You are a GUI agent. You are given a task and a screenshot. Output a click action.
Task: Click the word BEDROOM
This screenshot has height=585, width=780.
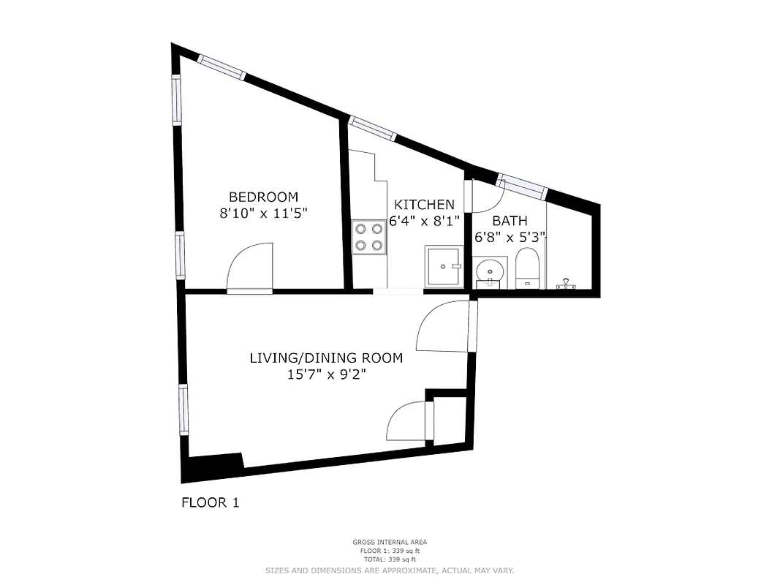coord(263,197)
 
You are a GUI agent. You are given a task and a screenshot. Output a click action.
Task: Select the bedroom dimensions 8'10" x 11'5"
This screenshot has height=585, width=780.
coord(263,214)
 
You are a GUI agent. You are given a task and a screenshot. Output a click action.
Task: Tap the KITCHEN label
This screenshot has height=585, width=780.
coord(424,205)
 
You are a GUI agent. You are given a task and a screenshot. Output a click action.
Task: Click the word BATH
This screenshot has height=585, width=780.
coord(510,221)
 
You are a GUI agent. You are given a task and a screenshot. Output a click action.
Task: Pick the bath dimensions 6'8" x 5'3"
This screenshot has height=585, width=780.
coord(510,237)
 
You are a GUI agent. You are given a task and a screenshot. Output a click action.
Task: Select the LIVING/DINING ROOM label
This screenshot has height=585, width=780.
coord(326,358)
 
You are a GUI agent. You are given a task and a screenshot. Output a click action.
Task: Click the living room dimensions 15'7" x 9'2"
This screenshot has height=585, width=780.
coord(326,375)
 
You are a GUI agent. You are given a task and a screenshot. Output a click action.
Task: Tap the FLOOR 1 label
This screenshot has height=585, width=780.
coord(210,502)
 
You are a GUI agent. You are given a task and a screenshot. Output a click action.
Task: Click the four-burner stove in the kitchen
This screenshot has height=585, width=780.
coord(368,237)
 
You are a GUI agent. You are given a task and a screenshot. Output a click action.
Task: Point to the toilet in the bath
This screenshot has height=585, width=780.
coord(527,268)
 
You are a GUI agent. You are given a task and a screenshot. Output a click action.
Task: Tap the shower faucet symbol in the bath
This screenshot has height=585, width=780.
coord(565,284)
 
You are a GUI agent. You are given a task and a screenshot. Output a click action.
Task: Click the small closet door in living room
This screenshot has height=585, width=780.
coord(409,421)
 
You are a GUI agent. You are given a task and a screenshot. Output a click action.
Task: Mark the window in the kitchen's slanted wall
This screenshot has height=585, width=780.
coord(372,128)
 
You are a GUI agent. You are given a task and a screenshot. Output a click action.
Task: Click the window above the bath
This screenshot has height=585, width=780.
coord(521,186)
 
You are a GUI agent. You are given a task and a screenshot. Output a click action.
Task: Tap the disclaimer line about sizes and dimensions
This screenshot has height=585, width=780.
coord(390,570)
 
